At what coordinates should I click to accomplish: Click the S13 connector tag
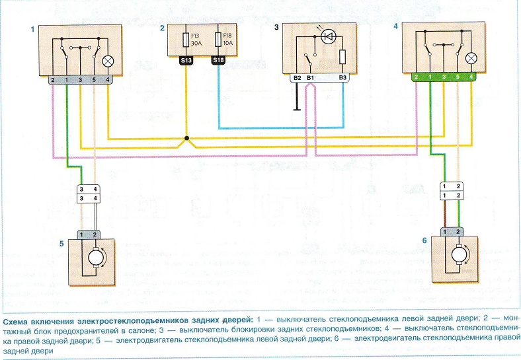(x=186, y=60)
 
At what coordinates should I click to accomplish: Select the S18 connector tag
(x=218, y=59)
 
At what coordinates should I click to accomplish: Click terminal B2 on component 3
(x=298, y=78)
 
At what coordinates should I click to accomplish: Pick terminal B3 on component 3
(x=342, y=78)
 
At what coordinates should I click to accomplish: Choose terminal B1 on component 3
(x=310, y=78)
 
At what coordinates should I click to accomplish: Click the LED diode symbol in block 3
(x=329, y=36)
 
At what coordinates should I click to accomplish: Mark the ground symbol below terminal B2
(x=297, y=109)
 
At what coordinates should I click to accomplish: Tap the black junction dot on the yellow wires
(x=186, y=138)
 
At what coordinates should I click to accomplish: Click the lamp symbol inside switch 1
(x=108, y=61)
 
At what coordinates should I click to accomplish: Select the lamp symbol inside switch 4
(x=471, y=59)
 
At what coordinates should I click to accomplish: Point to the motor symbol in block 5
(x=96, y=258)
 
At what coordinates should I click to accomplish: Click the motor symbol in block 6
(x=459, y=255)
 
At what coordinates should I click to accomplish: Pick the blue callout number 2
(x=162, y=28)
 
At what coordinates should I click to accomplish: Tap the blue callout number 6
(x=424, y=241)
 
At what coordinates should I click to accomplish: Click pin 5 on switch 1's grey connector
(x=94, y=80)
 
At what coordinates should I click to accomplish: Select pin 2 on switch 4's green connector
(x=417, y=77)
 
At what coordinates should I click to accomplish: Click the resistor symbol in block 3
(x=342, y=57)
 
